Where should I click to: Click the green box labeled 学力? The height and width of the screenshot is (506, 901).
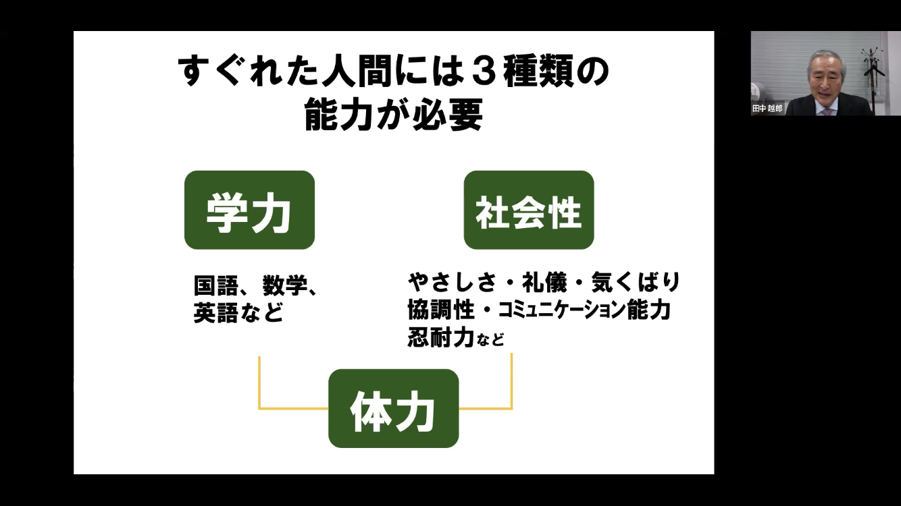249,210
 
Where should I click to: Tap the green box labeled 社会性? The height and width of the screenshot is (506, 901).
528,210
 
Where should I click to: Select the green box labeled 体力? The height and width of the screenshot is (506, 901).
393,408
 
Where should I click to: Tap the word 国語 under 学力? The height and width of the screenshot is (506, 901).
215,286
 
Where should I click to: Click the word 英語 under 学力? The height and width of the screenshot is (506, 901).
215,312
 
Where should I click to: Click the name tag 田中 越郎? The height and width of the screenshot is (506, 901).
768,108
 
